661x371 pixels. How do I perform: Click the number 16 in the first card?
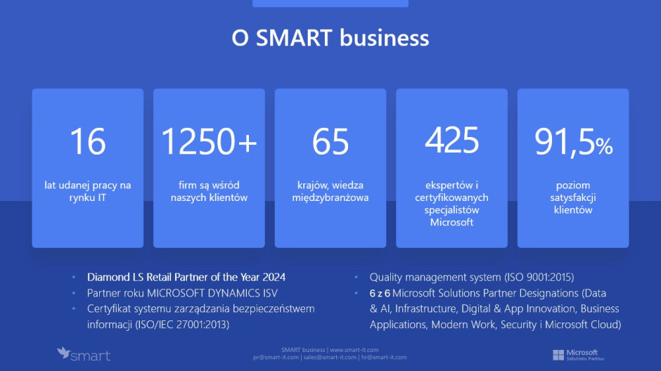(x=88, y=141)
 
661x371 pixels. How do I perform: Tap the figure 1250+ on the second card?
(x=209, y=141)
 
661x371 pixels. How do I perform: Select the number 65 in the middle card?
(x=330, y=141)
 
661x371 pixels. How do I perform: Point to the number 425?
(x=452, y=141)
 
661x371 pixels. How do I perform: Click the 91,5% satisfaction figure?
(x=573, y=143)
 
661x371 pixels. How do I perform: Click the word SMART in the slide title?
(x=294, y=37)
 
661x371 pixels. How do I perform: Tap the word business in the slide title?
(x=385, y=37)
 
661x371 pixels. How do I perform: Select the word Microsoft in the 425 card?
(x=451, y=222)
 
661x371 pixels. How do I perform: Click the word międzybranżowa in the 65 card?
(x=330, y=197)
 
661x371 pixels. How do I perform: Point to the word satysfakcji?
(x=573, y=197)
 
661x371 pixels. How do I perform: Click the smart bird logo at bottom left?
(x=84, y=354)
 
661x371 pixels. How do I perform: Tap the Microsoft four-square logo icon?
(x=558, y=355)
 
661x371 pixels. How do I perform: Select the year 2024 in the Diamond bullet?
(x=274, y=277)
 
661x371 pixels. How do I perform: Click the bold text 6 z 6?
(x=380, y=293)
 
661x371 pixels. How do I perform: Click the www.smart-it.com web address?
(x=354, y=349)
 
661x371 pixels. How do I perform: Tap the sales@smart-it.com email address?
(x=330, y=357)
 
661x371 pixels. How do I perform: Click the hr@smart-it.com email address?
(x=384, y=357)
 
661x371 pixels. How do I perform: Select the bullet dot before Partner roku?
(x=74, y=293)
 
